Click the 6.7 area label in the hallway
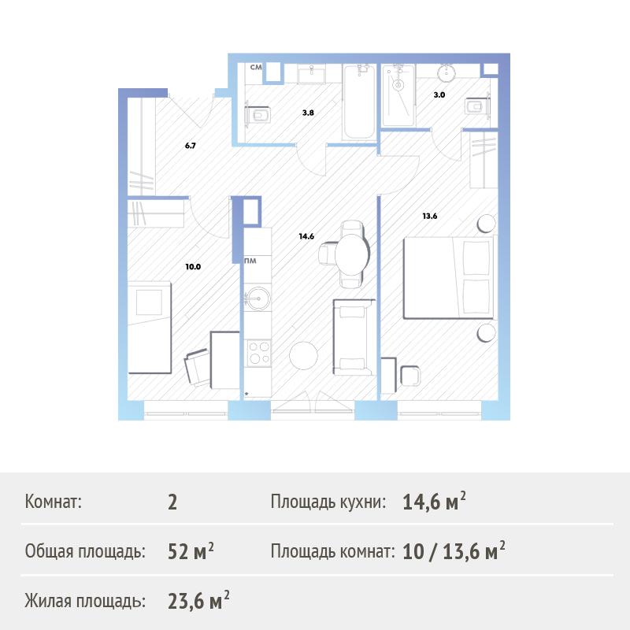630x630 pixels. pos(191,146)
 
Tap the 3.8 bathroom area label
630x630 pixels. pos(308,113)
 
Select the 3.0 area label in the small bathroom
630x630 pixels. pos(439,95)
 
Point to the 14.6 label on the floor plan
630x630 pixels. pos(306,236)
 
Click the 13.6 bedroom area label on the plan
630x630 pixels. pos(429,216)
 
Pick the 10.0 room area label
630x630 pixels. pos(193,267)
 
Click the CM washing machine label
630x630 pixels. pos(256,67)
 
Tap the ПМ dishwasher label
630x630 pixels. pos(250,261)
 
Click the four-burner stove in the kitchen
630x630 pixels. pos(259,353)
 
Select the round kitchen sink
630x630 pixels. pos(258,298)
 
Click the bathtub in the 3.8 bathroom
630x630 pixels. pos(359,102)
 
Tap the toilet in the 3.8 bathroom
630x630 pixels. pos(258,115)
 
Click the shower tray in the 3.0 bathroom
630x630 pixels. pos(398,96)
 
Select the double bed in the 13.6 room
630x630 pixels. pos(448,278)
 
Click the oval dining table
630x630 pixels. pos(352,254)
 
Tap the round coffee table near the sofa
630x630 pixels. pos(304,355)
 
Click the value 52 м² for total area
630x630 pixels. pos(191,551)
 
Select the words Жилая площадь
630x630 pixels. pos(85,601)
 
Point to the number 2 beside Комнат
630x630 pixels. pos(172,502)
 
